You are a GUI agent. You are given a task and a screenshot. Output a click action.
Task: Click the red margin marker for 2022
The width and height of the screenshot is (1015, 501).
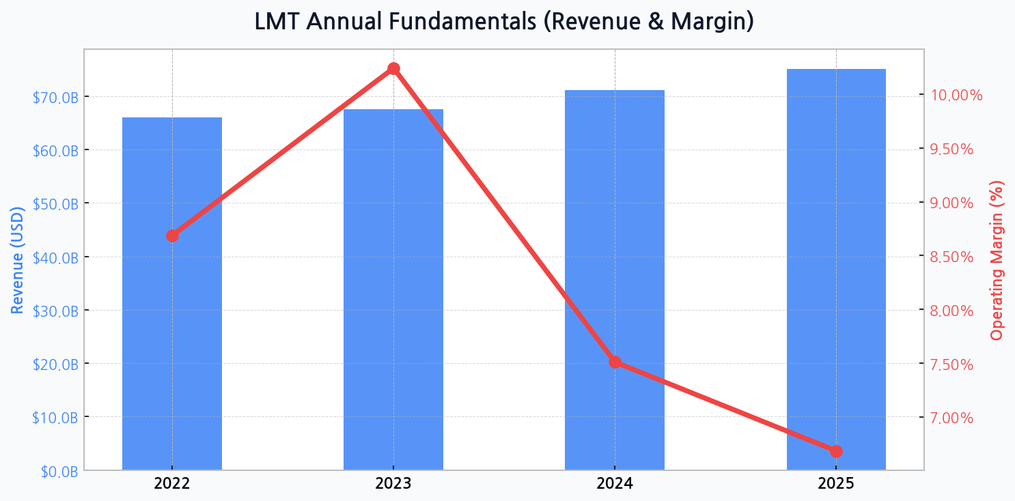click(172, 235)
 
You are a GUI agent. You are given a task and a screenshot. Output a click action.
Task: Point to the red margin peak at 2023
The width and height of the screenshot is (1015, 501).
click(393, 68)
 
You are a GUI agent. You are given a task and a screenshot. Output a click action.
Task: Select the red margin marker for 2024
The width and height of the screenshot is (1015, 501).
click(615, 362)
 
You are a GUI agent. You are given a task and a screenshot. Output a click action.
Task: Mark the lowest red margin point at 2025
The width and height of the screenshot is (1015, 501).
click(836, 451)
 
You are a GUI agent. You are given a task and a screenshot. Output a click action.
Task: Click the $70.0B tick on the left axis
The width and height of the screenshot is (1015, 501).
click(55, 97)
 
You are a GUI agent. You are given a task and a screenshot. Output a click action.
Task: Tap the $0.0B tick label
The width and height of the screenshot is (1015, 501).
click(59, 471)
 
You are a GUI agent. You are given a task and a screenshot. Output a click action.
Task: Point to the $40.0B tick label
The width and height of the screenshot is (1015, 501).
click(55, 257)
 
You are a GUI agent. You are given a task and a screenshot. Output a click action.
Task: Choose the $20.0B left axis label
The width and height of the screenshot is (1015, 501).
click(55, 364)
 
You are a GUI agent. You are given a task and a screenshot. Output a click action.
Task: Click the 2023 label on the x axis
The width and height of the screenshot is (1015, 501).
click(393, 484)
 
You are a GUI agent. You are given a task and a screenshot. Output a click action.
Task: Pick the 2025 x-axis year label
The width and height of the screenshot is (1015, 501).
click(836, 484)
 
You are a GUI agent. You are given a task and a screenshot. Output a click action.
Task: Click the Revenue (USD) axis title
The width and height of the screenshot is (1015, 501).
click(18, 259)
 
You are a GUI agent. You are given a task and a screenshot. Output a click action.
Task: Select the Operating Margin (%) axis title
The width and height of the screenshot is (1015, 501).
click(997, 260)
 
